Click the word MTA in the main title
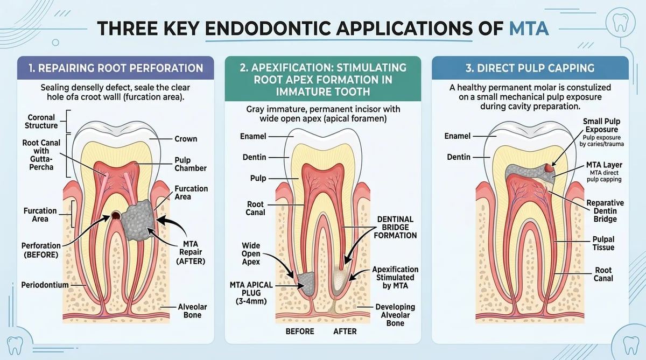click(529, 28)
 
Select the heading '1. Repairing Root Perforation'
click(116, 68)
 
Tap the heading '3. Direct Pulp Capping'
click(530, 68)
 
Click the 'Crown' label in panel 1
click(186, 139)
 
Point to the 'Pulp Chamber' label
click(191, 164)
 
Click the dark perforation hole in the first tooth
click(116, 215)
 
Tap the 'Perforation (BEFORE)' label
click(41, 250)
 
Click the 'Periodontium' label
click(45, 285)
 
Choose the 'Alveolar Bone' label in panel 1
click(192, 310)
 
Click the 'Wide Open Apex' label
click(251, 253)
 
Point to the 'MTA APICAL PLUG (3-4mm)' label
click(251, 293)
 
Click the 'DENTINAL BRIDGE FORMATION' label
click(395, 228)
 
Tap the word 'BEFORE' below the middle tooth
click(300, 331)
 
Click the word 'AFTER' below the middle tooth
click(345, 331)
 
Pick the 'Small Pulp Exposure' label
click(601, 125)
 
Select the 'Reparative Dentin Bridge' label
click(605, 211)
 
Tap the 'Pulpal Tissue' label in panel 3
click(603, 243)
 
